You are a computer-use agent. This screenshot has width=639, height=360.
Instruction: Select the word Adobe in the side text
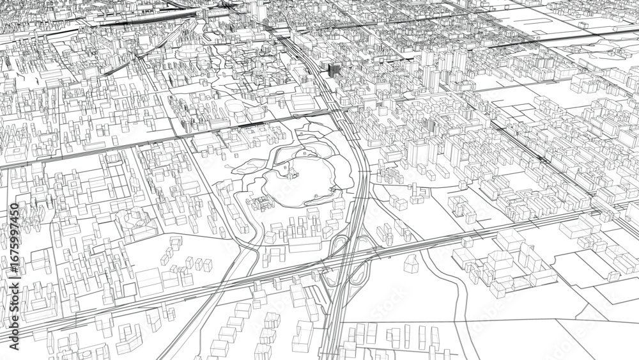click(x=15, y=332)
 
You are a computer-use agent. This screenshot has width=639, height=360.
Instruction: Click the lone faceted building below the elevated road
click(x=412, y=263)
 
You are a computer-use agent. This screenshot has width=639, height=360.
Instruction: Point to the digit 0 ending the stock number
click(x=15, y=207)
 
